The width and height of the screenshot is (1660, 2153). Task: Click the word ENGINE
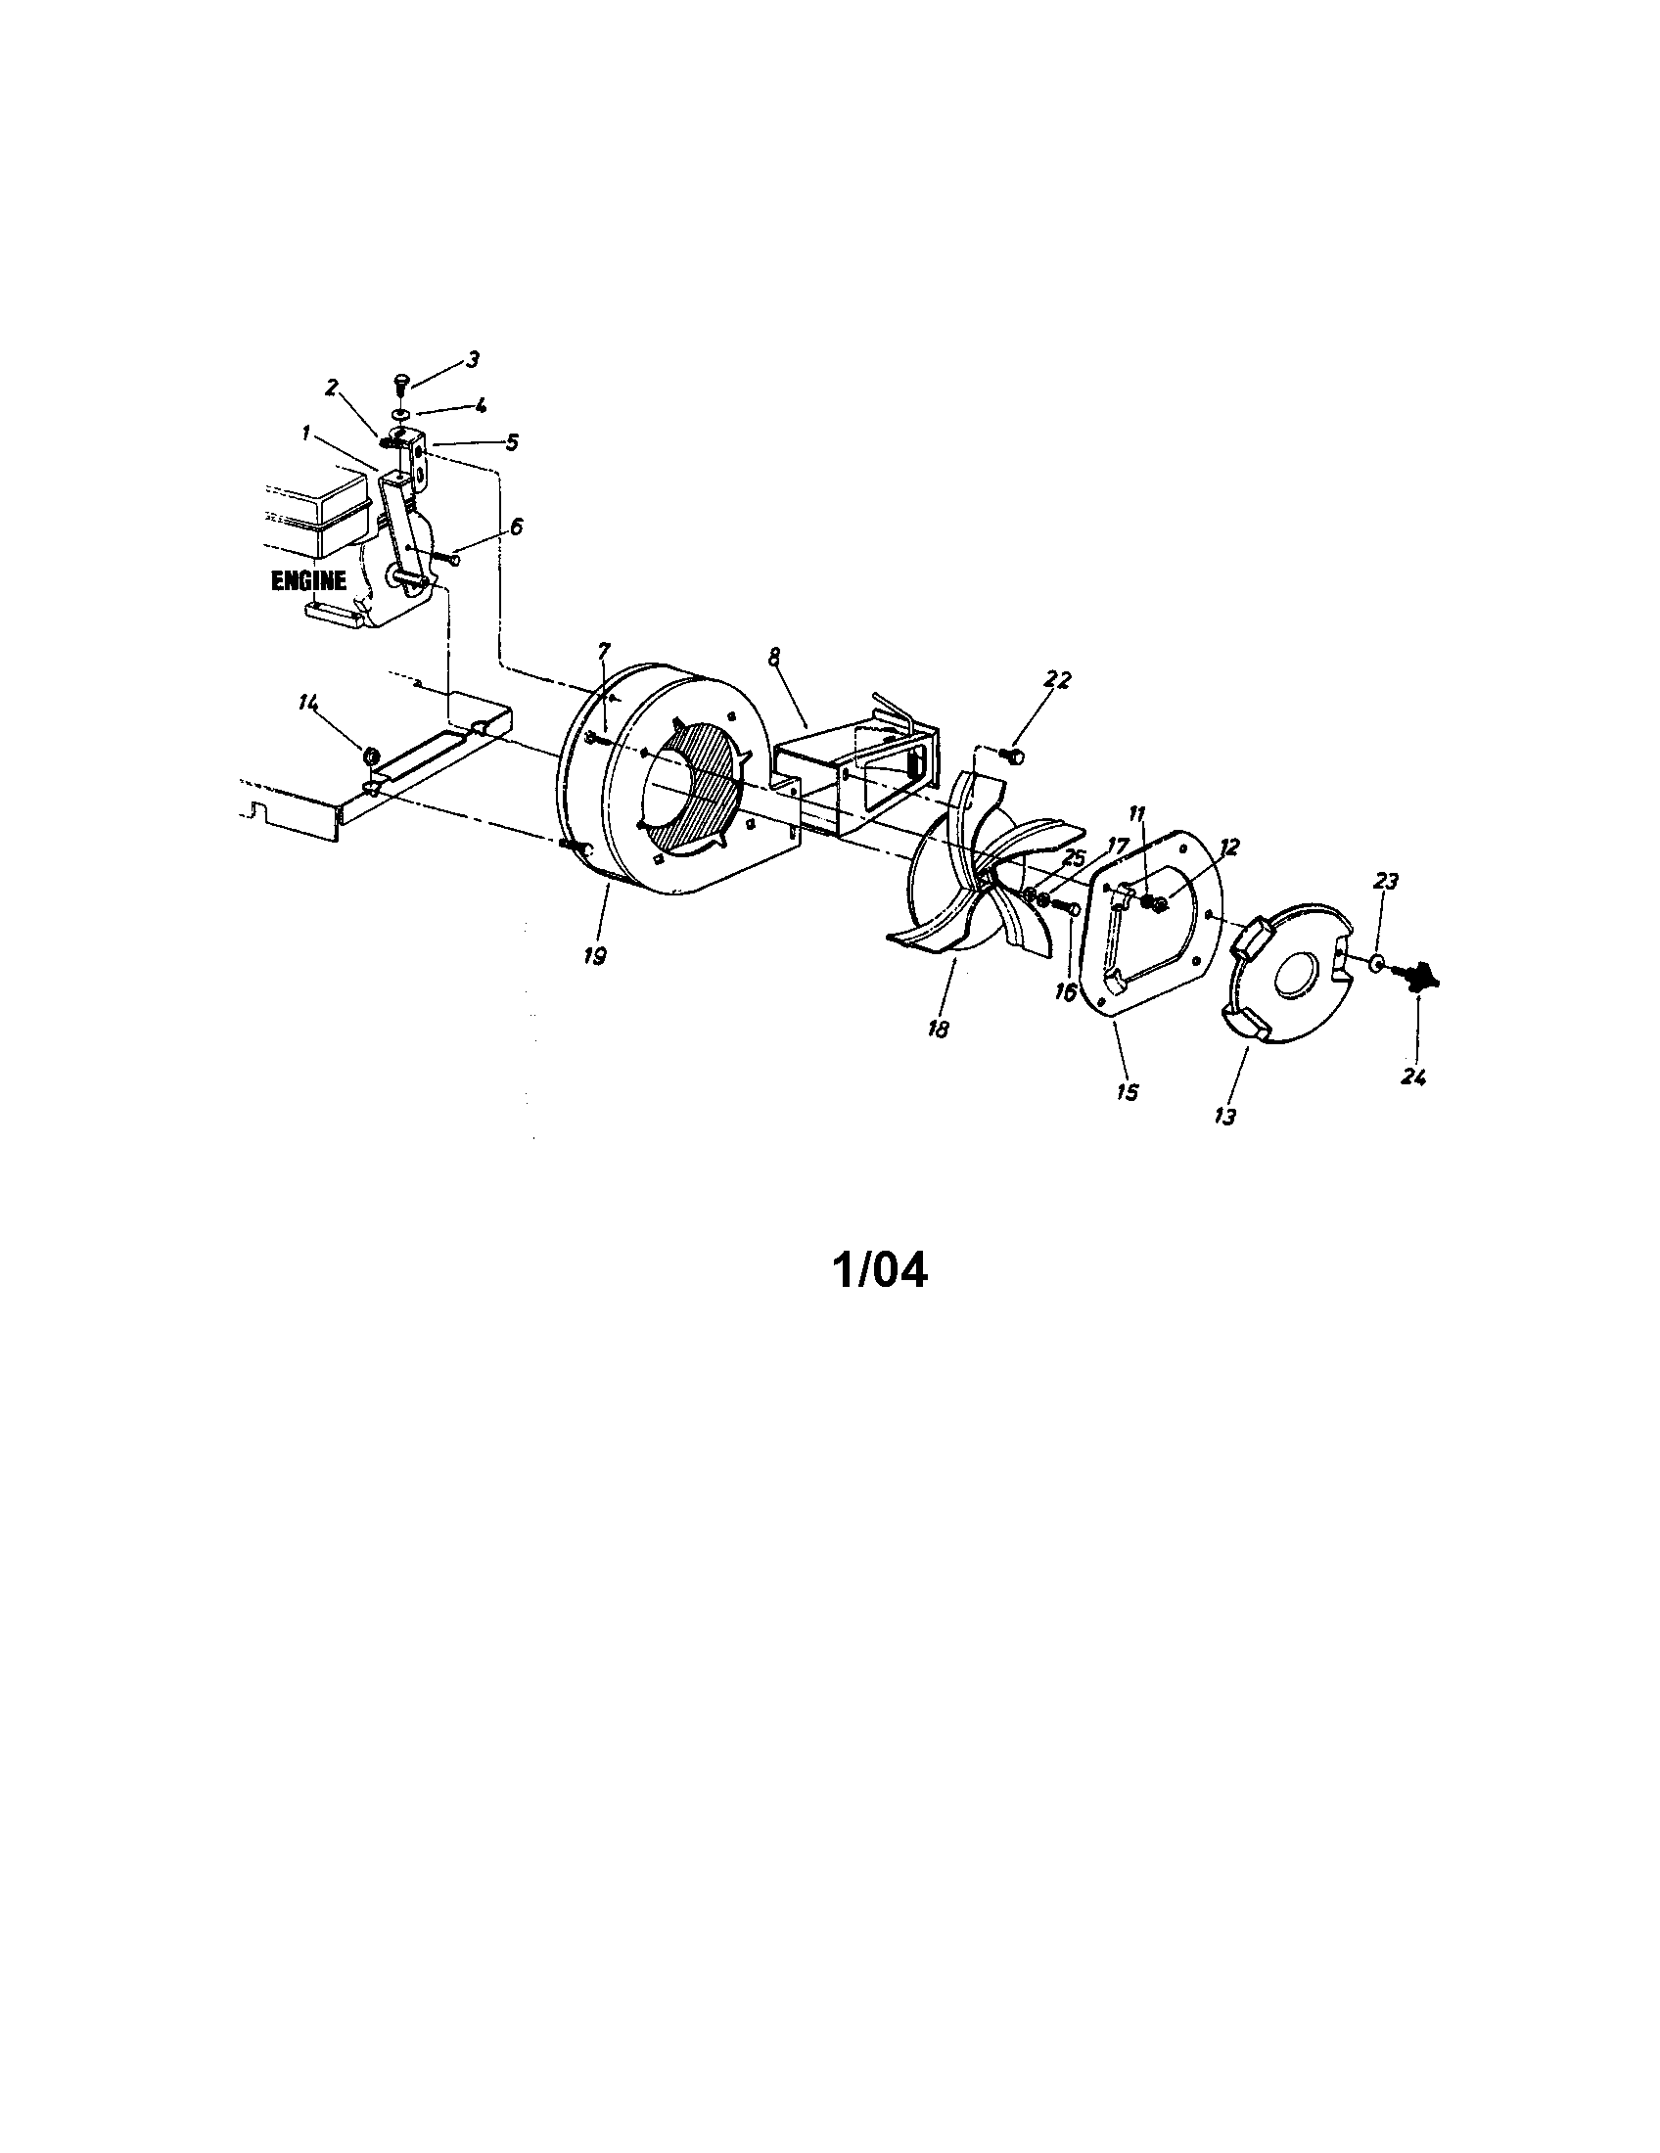pos(308,580)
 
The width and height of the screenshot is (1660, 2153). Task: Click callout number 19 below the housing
pos(594,955)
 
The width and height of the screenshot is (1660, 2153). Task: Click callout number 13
pos(1225,1116)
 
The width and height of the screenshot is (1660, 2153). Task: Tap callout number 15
pos(1127,1091)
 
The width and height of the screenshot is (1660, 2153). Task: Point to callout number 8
pos(773,653)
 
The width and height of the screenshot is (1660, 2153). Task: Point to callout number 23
pos(1385,881)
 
